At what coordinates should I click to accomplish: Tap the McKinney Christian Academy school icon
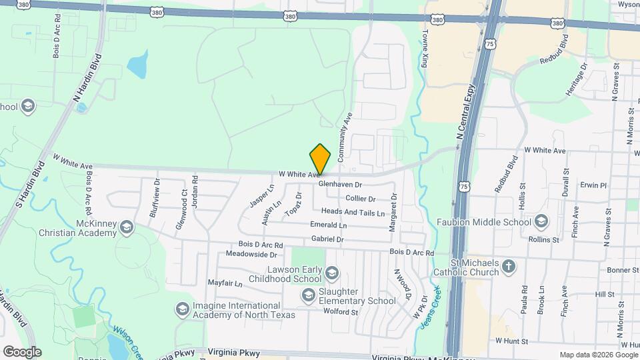pos(125,229)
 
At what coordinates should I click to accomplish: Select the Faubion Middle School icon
pos(541,221)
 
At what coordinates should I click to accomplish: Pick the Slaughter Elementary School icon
pos(308,295)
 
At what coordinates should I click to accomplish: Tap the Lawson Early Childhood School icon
pos(332,273)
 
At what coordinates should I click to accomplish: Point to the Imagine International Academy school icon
pos(182,309)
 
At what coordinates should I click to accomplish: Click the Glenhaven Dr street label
pos(339,184)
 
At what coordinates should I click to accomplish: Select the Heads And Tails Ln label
pos(353,213)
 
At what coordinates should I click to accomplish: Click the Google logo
pos(21,351)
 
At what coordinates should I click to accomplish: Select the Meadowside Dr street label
pos(251,255)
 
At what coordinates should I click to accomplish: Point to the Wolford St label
pos(341,311)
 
